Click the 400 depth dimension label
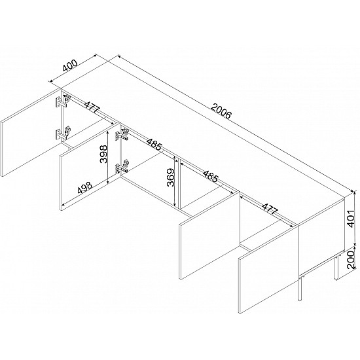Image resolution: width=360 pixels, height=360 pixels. tap(70, 65)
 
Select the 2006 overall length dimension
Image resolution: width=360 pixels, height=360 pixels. tap(221, 111)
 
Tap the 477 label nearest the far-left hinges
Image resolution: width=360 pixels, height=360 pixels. tap(92, 107)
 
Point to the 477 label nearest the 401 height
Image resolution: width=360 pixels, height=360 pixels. tap(270, 209)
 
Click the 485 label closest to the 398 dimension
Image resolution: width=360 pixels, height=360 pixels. tap(154, 144)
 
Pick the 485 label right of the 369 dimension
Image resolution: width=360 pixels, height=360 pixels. tap(210, 176)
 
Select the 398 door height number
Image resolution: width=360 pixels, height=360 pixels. tap(103, 154)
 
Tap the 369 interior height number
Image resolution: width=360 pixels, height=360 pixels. tap(171, 177)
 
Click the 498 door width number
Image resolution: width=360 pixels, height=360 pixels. tap(84, 188)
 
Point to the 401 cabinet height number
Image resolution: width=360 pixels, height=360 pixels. tap(351, 218)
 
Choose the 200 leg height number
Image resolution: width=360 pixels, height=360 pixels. tap(351, 260)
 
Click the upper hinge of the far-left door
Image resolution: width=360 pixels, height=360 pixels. tap(63, 101)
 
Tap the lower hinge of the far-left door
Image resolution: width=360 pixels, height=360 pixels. tap(63, 133)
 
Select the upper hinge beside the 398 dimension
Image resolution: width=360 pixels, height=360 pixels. tap(122, 135)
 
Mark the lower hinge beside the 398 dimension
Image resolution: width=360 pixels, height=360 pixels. tap(122, 166)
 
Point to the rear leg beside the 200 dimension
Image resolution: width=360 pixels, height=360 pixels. tap(336, 267)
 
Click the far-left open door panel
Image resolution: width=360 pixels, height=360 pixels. tap(31, 132)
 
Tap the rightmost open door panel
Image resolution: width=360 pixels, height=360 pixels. tap(268, 269)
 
